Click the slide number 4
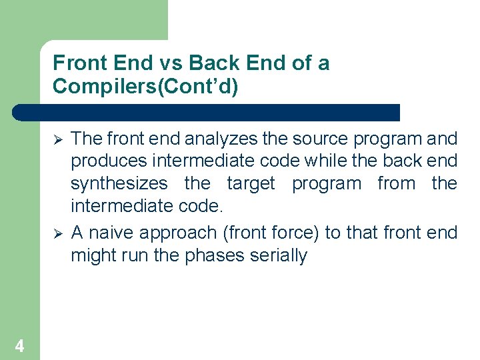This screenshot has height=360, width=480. pyautogui.click(x=19, y=345)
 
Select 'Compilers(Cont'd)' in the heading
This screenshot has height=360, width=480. pyautogui.click(x=145, y=87)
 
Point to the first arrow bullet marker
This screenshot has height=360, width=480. pyautogui.click(x=58, y=139)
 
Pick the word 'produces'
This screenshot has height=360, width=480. pyautogui.click(x=109, y=161)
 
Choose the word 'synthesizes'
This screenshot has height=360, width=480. pyautogui.click(x=119, y=183)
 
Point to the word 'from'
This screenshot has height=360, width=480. pyautogui.click(x=396, y=183)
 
